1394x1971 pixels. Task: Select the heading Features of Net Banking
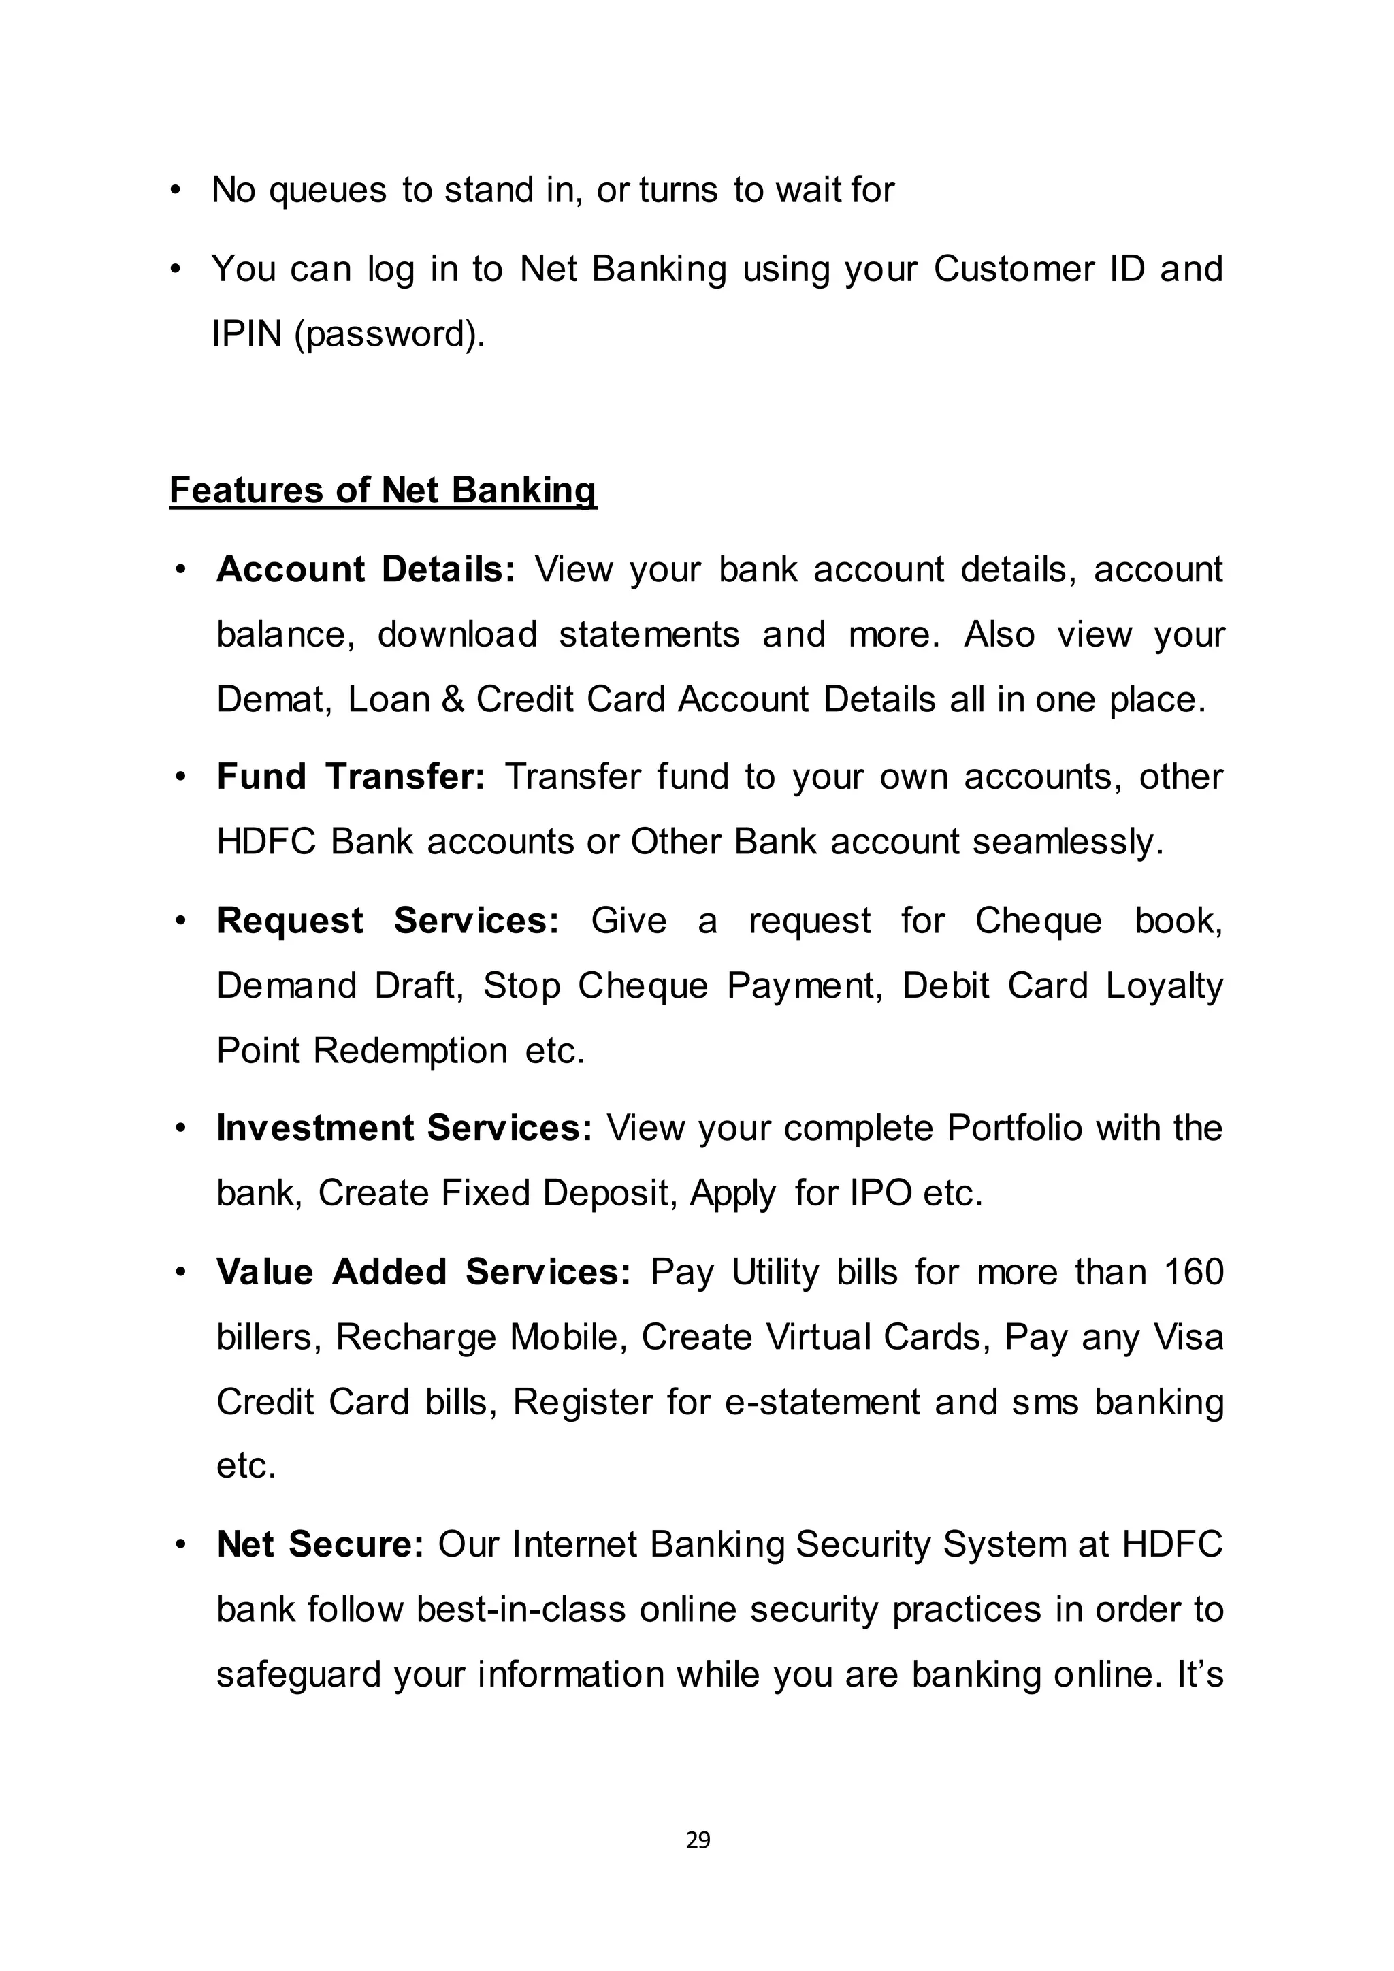(x=382, y=490)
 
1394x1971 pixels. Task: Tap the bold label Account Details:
(x=366, y=569)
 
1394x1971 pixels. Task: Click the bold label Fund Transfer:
(x=351, y=776)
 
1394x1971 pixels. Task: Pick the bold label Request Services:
(x=388, y=920)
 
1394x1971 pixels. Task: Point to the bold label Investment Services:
(x=404, y=1128)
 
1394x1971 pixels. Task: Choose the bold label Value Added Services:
(x=424, y=1271)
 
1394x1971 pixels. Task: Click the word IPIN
(x=247, y=334)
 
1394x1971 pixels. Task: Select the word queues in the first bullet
(x=328, y=190)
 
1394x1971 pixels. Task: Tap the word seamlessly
(x=1068, y=841)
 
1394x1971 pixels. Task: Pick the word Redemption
(x=410, y=1051)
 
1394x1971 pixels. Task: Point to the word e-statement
(x=823, y=1402)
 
